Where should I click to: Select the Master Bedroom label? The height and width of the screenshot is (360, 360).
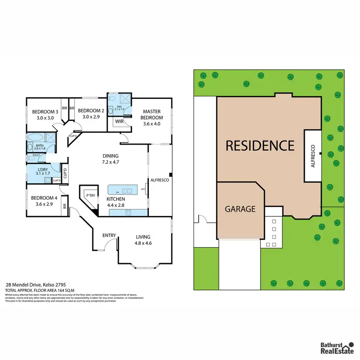[153, 118]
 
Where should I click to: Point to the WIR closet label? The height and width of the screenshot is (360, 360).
[119, 121]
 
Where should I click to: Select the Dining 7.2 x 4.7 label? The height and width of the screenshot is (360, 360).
[110, 159]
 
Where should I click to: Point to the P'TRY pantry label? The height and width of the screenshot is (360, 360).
[90, 195]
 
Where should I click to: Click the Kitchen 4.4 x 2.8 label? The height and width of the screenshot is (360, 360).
[116, 202]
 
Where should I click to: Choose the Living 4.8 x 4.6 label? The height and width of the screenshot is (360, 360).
[143, 240]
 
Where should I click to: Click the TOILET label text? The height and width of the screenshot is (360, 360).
[36, 156]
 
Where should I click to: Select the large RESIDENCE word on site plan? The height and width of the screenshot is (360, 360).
[260, 145]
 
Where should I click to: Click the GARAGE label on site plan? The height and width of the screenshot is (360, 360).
[240, 209]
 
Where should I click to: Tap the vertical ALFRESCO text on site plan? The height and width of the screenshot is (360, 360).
[313, 156]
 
